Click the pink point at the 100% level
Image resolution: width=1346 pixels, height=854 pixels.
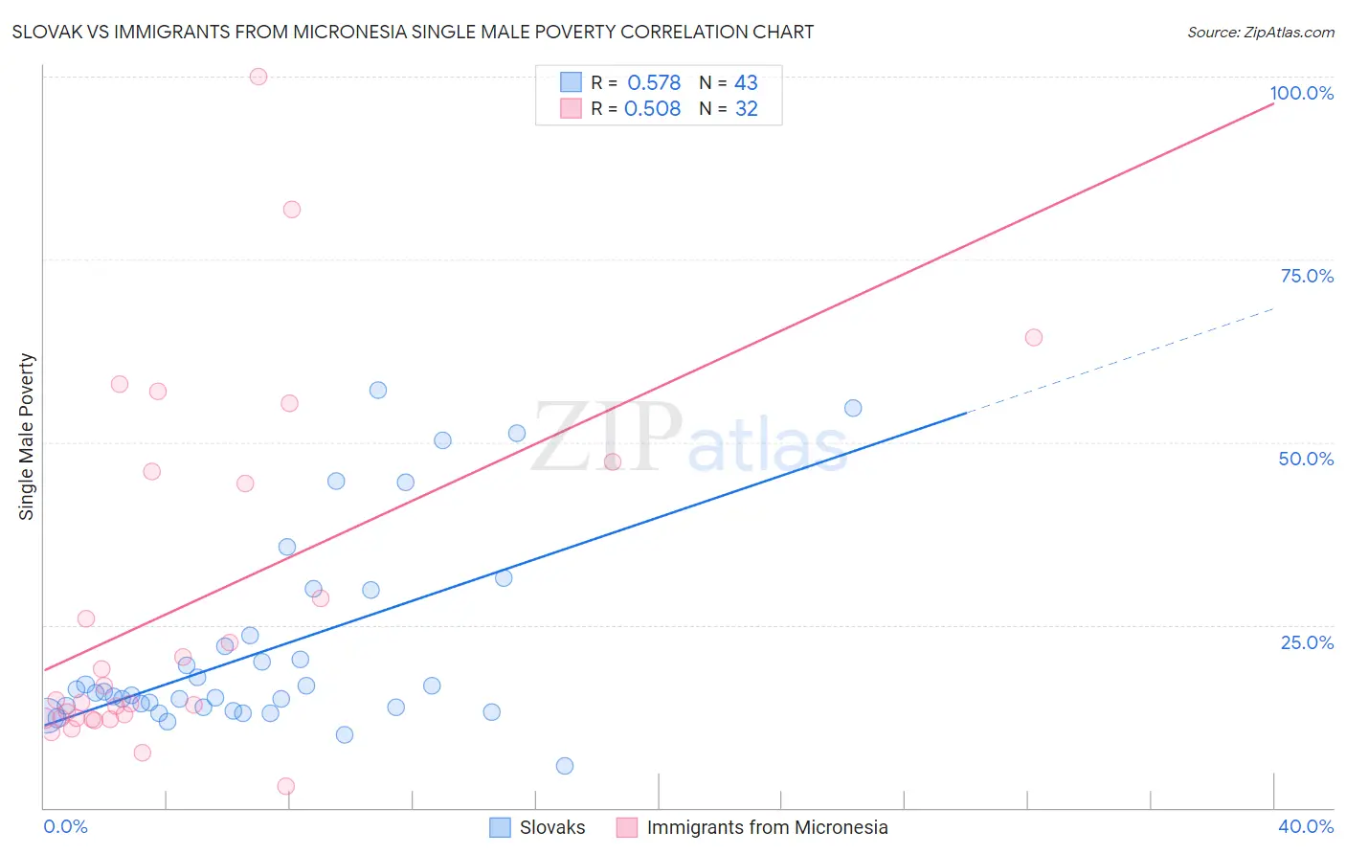[258, 77]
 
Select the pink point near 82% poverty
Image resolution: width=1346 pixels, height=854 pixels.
[292, 210]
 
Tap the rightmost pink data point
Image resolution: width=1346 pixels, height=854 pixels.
[1033, 337]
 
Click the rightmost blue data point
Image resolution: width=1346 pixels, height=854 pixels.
[853, 408]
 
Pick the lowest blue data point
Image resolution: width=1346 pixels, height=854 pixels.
[565, 766]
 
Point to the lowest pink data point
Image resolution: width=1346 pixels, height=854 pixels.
[285, 786]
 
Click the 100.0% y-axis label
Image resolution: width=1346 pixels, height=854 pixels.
[1301, 93]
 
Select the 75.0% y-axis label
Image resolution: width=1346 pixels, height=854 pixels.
[1307, 276]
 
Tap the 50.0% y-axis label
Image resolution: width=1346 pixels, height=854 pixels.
[1306, 459]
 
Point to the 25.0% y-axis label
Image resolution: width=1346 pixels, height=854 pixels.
[1307, 641]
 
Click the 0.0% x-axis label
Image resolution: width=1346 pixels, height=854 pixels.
[65, 826]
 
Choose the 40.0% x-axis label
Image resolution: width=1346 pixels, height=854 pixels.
[1305, 826]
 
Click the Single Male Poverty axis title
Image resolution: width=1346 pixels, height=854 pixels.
[27, 437]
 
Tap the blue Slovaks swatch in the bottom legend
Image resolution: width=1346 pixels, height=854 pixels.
[500, 827]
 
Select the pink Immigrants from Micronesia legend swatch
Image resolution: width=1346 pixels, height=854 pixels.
[627, 827]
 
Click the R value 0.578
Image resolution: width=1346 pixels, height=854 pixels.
[654, 83]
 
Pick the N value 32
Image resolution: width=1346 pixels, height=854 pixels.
[746, 109]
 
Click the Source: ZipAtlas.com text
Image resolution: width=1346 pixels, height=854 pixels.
[1260, 33]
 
